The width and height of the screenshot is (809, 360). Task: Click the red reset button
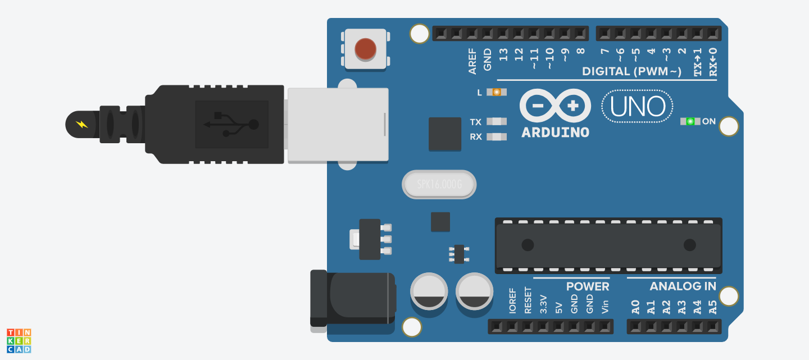click(x=365, y=49)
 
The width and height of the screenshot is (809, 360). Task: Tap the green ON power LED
click(x=690, y=121)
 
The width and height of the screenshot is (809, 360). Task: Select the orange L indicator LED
click(x=496, y=92)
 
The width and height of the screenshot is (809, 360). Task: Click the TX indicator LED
click(x=496, y=121)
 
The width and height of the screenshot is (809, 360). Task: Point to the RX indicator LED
click(x=496, y=136)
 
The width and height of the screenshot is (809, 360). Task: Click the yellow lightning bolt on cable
click(x=82, y=124)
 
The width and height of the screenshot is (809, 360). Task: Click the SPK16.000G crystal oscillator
click(x=439, y=184)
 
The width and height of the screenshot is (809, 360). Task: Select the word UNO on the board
click(x=638, y=107)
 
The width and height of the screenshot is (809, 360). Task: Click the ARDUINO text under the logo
click(x=555, y=133)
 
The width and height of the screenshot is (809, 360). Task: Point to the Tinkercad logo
click(x=19, y=341)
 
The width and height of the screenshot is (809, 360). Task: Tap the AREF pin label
click(x=472, y=61)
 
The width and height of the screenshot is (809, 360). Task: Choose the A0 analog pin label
click(x=635, y=307)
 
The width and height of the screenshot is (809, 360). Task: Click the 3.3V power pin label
click(x=543, y=304)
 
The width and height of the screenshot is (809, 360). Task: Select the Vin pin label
click(x=605, y=307)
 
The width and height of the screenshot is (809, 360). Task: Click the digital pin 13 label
click(x=503, y=55)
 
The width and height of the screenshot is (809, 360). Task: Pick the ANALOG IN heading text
click(x=683, y=286)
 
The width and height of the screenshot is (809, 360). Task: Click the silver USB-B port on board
click(x=338, y=125)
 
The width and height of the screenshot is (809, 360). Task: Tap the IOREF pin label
click(x=512, y=302)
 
